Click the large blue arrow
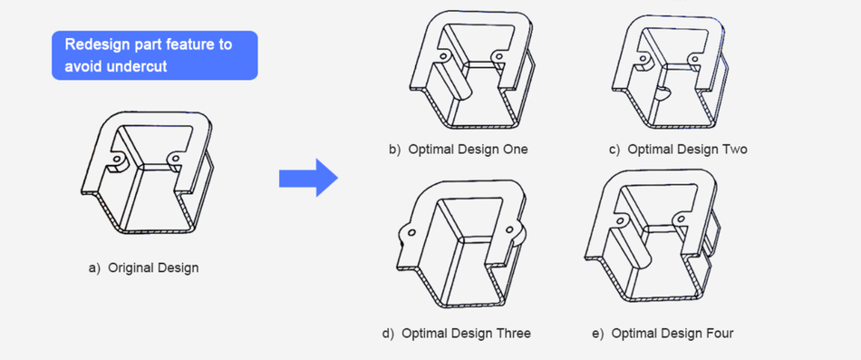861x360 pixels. pyautogui.click(x=308, y=178)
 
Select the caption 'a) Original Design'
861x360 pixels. pyautogui.click(x=143, y=268)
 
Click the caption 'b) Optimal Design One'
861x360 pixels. pyautogui.click(x=459, y=150)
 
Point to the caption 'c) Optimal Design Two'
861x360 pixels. pyautogui.click(x=678, y=150)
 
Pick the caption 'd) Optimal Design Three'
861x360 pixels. pyautogui.click(x=456, y=334)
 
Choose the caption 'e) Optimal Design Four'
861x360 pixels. pyautogui.click(x=663, y=334)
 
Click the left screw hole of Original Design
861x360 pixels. pyautogui.click(x=117, y=160)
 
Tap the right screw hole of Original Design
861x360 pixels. pyautogui.click(x=175, y=159)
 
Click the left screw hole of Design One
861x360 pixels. pyautogui.click(x=442, y=56)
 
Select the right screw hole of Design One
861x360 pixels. pyautogui.click(x=499, y=55)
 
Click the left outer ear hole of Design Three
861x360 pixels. pyautogui.click(x=408, y=232)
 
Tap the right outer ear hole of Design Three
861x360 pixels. pyautogui.click(x=509, y=229)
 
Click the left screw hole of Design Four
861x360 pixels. pyautogui.click(x=621, y=221)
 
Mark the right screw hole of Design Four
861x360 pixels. pyautogui.click(x=682, y=219)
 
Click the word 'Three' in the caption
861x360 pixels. pyautogui.click(x=513, y=334)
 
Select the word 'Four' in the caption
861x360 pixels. pyautogui.click(x=720, y=334)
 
